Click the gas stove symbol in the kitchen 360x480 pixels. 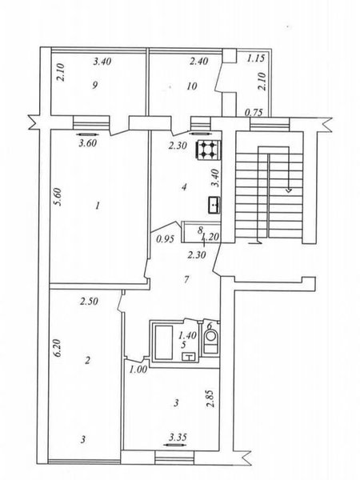pyautogui.click(x=208, y=150)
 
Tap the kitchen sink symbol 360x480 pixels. pyautogui.click(x=214, y=205)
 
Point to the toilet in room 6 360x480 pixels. pyautogui.click(x=210, y=341)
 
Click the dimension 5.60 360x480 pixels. pyautogui.click(x=59, y=197)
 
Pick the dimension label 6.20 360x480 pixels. pyautogui.click(x=58, y=347)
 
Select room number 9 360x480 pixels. pyautogui.click(x=95, y=85)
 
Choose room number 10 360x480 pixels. pyautogui.click(x=192, y=86)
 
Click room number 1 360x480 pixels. pyautogui.click(x=98, y=206)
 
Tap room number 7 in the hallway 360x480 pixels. pyautogui.click(x=186, y=279)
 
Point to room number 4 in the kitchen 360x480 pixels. pyautogui.click(x=184, y=186)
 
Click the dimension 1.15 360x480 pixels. pyautogui.click(x=256, y=58)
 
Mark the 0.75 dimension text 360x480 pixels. pyautogui.click(x=254, y=113)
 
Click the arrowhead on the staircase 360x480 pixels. pyautogui.click(x=289, y=190)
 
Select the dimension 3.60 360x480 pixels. pyautogui.click(x=88, y=143)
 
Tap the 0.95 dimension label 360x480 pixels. pyautogui.click(x=166, y=239)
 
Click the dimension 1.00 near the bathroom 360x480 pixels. pyautogui.click(x=138, y=370)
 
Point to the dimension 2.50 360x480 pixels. pyautogui.click(x=89, y=302)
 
